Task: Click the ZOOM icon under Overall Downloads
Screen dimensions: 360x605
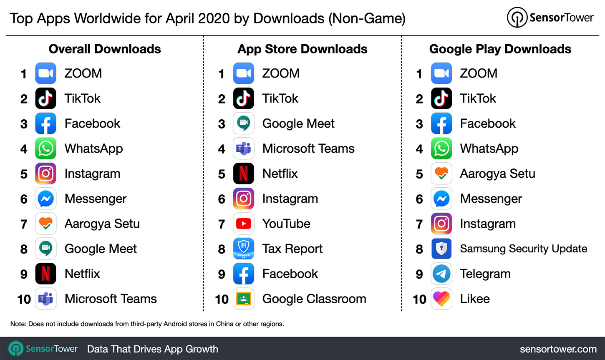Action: [45, 73]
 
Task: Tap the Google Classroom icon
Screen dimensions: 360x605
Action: [243, 299]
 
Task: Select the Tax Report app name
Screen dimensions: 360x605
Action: [292, 249]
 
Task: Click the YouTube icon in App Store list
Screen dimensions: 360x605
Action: [243, 224]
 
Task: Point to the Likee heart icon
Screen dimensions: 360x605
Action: [441, 299]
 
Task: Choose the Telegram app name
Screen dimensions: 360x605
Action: [485, 274]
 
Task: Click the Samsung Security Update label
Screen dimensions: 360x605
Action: [523, 249]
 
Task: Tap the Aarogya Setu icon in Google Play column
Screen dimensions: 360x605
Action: [441, 174]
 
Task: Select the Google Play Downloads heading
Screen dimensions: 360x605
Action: [500, 49]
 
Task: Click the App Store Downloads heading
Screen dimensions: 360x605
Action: [302, 49]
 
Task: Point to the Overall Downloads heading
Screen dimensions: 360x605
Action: [105, 49]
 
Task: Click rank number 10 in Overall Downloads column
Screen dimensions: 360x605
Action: [24, 299]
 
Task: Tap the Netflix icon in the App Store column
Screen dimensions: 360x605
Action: [243, 174]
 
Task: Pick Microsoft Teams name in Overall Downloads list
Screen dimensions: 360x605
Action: [111, 299]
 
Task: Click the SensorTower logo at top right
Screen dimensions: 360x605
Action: [550, 18]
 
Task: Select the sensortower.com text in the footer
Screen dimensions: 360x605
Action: [558, 349]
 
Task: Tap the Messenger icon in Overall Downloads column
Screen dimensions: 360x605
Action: [45, 199]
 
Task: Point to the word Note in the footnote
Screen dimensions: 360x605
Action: [18, 324]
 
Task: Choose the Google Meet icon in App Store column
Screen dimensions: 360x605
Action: [243, 123]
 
